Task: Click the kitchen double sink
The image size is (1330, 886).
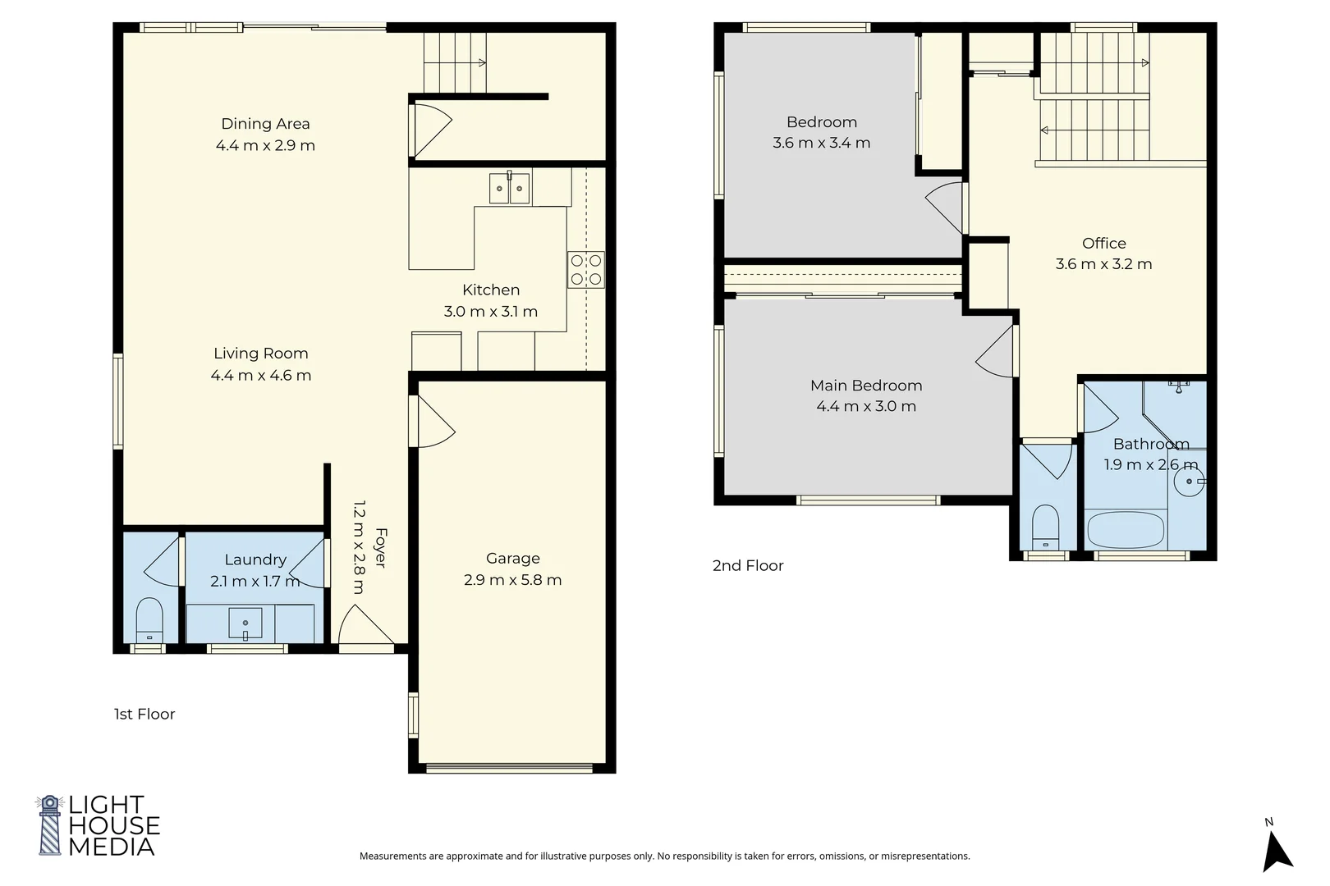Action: [509, 188]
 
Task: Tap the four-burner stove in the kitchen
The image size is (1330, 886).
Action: [585, 270]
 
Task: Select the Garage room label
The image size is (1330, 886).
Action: [513, 558]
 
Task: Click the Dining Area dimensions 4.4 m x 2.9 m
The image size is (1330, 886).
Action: [265, 145]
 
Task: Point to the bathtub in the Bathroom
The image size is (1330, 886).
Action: [1126, 529]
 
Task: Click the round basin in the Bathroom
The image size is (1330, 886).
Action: [1190, 482]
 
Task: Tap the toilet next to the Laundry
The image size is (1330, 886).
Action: [149, 619]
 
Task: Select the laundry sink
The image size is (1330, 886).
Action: [245, 623]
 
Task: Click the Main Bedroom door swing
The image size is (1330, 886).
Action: [994, 351]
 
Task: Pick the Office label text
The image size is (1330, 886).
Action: [1103, 244]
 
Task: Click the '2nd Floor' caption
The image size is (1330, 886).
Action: [748, 565]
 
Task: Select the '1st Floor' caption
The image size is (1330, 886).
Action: [144, 714]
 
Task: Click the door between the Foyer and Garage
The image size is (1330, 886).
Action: [432, 422]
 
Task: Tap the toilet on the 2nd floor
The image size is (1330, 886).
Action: [1046, 527]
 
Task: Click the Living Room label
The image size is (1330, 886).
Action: [261, 354]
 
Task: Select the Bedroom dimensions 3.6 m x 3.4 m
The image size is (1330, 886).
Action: [822, 143]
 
